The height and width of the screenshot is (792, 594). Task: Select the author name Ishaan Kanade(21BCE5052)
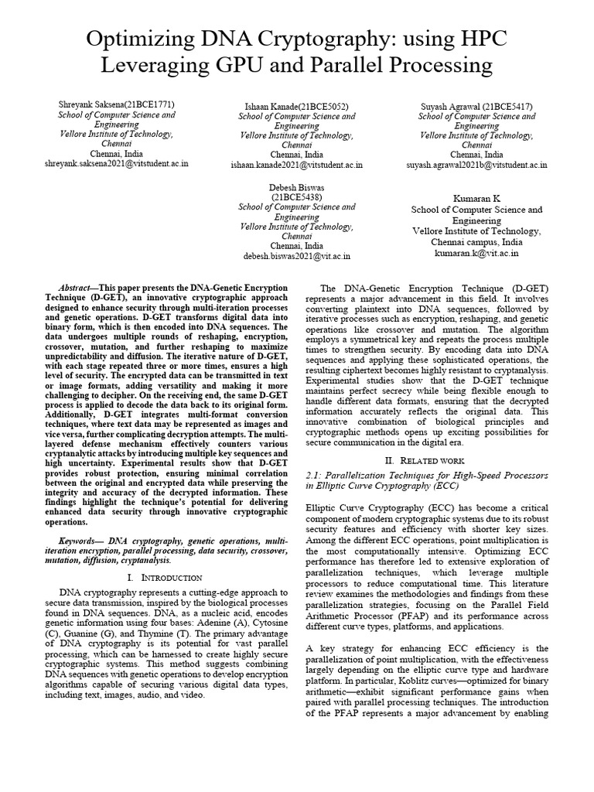[x=296, y=106]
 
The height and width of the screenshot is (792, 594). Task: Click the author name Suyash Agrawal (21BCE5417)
[x=476, y=106]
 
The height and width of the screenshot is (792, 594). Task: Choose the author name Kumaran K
[x=476, y=198]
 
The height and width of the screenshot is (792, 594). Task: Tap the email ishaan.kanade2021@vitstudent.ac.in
[x=296, y=165]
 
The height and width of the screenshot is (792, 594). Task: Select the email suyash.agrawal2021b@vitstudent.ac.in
[x=476, y=165]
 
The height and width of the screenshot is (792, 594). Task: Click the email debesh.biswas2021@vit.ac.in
[x=296, y=255]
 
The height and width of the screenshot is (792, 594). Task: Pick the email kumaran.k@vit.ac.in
[x=476, y=252]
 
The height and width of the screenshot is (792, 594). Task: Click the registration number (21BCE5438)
[x=296, y=197]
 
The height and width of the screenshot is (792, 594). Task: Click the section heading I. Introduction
[x=163, y=577]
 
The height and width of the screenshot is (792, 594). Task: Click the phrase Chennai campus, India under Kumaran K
[x=476, y=241]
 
